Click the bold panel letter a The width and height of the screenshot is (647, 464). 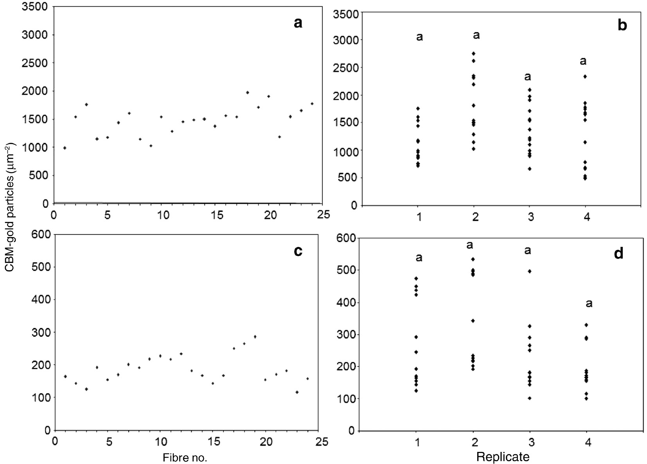click(298, 23)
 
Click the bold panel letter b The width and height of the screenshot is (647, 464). click(622, 25)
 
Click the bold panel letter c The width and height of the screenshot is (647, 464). click(298, 251)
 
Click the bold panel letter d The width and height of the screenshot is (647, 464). click(618, 254)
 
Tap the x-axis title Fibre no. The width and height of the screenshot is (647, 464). click(185, 457)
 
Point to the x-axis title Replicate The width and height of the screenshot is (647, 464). click(503, 457)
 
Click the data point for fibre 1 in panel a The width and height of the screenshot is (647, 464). click(65, 148)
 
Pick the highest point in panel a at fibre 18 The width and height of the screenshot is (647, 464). click(247, 93)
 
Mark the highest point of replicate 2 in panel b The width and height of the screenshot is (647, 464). click(474, 54)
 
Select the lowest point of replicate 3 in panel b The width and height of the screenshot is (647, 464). click(530, 169)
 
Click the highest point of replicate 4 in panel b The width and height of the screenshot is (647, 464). click(585, 77)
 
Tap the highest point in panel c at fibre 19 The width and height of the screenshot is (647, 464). click(255, 337)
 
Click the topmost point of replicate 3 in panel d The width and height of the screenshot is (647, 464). click(530, 271)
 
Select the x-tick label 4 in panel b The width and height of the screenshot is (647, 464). click(586, 217)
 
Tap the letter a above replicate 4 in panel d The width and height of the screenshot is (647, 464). click(589, 303)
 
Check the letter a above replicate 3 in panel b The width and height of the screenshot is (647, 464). click(528, 77)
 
